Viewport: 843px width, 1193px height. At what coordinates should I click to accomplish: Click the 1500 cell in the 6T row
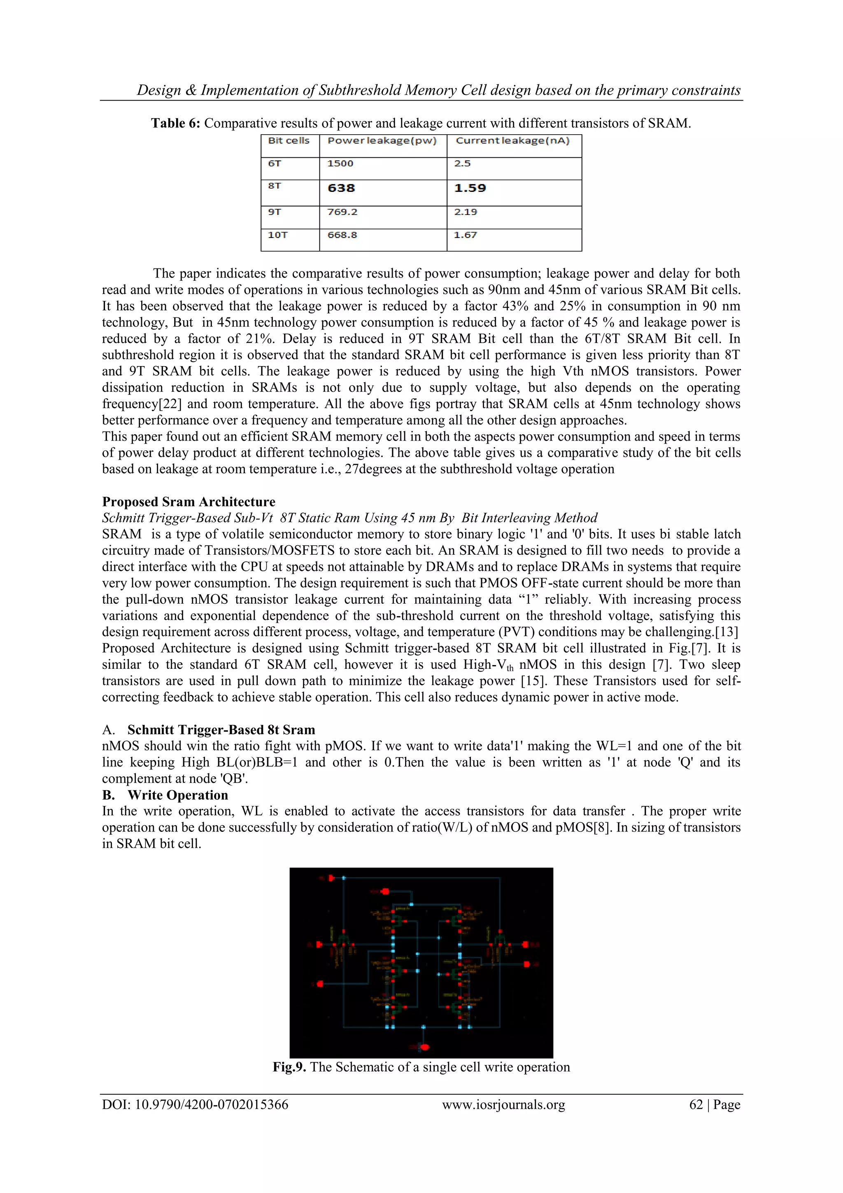(340, 163)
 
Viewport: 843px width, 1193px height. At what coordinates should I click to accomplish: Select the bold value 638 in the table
(341, 188)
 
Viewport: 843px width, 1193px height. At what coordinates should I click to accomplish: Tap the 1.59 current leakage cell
(470, 188)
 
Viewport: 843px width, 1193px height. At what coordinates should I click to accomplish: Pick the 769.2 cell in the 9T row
(342, 212)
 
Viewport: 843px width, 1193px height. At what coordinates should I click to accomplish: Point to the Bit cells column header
(289, 141)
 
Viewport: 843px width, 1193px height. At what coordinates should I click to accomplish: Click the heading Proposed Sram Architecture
(189, 502)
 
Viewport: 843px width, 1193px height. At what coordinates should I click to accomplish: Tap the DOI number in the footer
(195, 1105)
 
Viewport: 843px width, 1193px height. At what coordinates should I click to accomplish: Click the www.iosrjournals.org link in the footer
(503, 1105)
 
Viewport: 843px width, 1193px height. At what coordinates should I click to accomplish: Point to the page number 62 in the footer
(696, 1105)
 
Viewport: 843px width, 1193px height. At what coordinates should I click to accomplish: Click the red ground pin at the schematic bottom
(424, 1046)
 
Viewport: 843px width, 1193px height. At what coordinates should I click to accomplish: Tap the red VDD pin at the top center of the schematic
(385, 891)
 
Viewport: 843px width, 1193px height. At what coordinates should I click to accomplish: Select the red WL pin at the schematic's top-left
(331, 878)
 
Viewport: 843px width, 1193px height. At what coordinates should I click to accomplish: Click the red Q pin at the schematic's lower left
(320, 984)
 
